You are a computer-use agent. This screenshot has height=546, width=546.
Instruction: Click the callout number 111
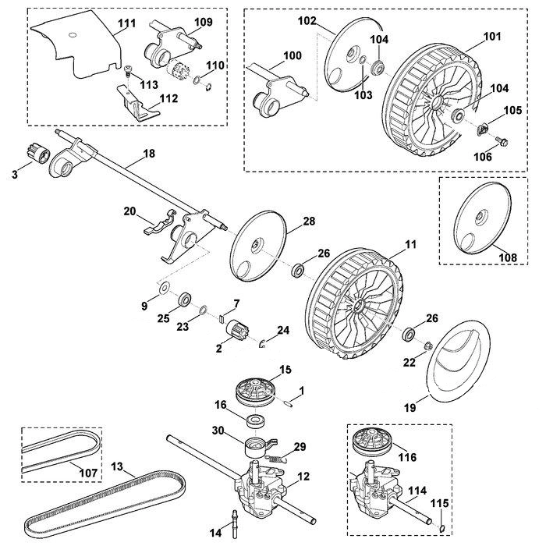point(126,23)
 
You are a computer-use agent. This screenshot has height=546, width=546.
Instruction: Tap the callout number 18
point(149,153)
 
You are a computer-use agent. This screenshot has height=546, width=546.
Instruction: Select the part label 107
point(88,473)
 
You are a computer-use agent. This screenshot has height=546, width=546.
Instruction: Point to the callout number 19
point(410,408)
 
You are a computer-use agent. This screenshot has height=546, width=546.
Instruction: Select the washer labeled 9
point(163,288)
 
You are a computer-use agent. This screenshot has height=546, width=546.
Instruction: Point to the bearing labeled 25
point(185,300)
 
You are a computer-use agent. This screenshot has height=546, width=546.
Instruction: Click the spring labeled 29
point(276,459)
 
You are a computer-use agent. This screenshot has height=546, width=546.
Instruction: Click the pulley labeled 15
point(255,393)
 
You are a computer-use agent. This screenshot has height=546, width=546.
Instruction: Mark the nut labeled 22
point(428,346)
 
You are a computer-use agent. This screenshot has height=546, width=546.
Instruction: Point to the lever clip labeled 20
point(160,223)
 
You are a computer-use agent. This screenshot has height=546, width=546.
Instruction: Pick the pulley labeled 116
point(372,442)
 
